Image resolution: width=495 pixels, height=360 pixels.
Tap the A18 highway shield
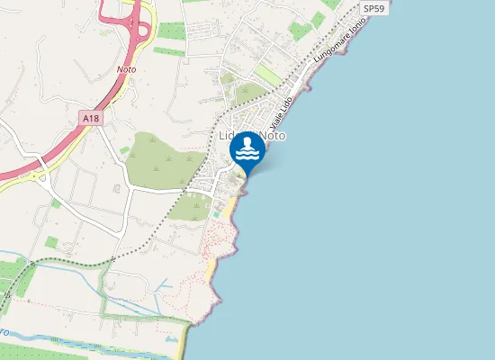point(90,118)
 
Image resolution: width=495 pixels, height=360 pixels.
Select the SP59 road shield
point(375,8)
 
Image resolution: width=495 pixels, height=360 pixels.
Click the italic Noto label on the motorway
point(126,68)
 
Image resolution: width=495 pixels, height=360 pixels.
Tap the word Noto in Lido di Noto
point(273,135)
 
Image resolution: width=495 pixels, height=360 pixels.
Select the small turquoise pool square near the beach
point(216,213)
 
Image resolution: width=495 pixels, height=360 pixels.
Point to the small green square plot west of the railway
point(50,242)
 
